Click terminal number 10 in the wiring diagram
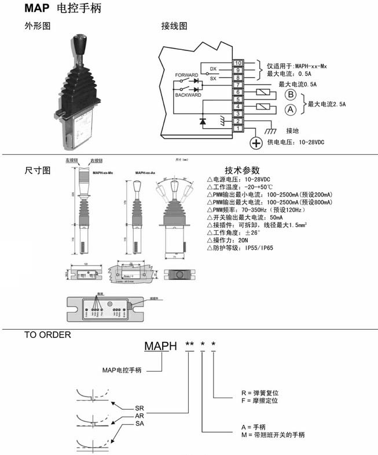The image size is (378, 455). pos(238,63)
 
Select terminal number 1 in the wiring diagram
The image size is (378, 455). pos(238,128)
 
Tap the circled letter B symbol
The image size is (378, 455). pos(291,95)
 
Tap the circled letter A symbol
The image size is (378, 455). pos(291,109)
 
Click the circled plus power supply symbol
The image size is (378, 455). pos(255,143)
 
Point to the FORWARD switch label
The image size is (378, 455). pos(186,75)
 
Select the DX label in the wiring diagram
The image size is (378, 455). pos(214,68)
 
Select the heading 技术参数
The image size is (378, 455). pos(243,170)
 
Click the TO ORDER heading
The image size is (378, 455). pos(47,334)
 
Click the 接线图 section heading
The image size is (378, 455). pos(174,27)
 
